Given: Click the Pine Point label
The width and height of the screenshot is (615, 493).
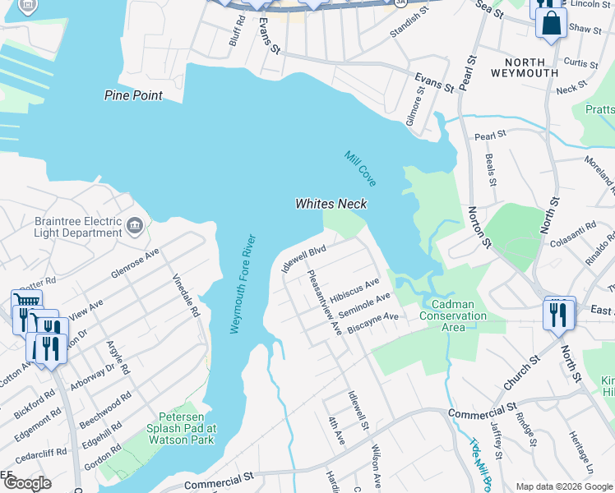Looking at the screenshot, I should [x=132, y=95].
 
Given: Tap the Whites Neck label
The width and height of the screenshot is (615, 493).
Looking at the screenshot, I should [x=331, y=204].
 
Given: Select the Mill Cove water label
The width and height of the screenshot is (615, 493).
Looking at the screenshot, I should [x=360, y=167].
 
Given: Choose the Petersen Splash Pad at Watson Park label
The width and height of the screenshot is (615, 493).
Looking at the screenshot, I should [x=181, y=428].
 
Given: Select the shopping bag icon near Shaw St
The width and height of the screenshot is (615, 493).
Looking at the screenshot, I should [x=551, y=23].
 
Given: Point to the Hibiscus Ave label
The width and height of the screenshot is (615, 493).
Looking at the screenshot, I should [x=354, y=292].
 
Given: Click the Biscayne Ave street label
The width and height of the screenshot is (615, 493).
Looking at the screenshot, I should [x=372, y=321].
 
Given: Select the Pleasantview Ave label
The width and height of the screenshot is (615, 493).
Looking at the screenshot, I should [x=323, y=303].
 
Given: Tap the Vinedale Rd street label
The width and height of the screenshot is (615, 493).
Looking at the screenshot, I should [x=183, y=284].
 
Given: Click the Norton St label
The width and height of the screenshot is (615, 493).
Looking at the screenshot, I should [x=475, y=226].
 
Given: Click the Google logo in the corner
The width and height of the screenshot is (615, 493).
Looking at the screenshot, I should [x=28, y=483].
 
